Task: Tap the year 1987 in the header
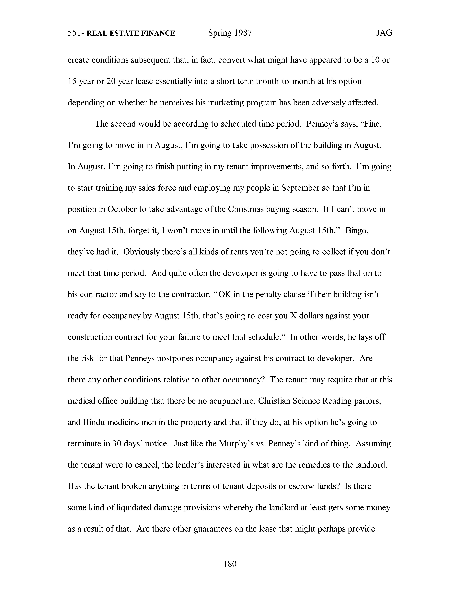(243, 33)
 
